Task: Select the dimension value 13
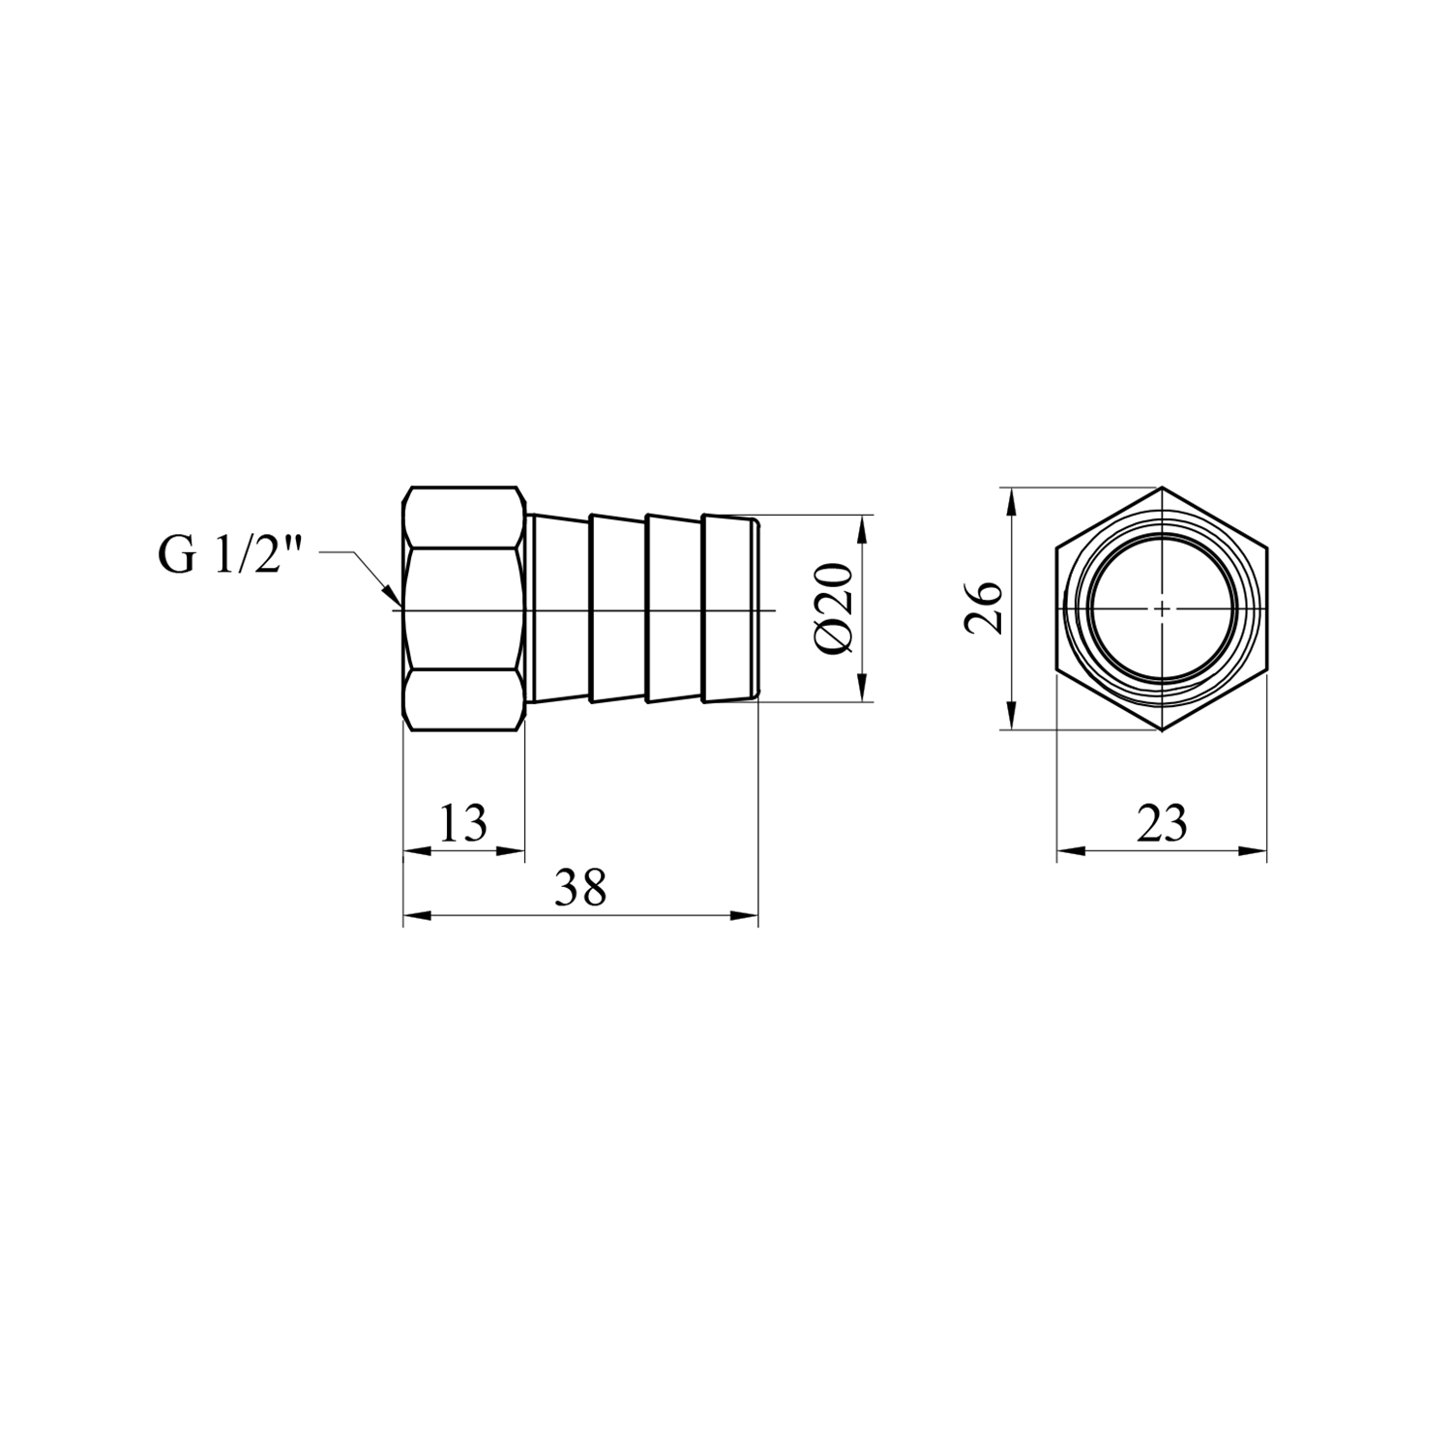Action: (x=463, y=824)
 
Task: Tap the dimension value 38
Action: (x=580, y=887)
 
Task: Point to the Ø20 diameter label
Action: (x=834, y=609)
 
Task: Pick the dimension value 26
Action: (x=984, y=607)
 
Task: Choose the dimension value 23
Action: (x=1162, y=824)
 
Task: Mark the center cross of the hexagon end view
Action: (x=1162, y=608)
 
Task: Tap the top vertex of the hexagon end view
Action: (x=1162, y=487)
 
